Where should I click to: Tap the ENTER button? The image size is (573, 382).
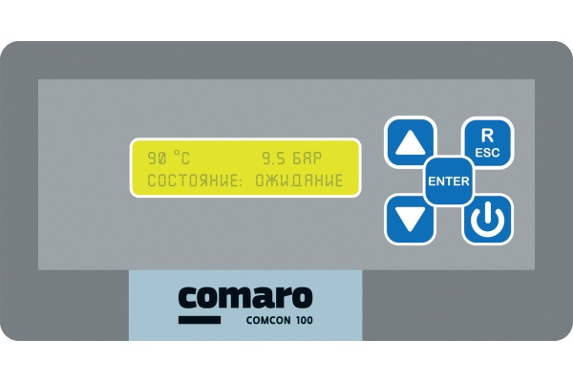pyautogui.click(x=449, y=180)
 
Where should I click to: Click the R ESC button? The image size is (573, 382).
pyautogui.click(x=487, y=142)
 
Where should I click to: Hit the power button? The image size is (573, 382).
pyautogui.click(x=487, y=220)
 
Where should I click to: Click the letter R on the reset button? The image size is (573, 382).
pyautogui.click(x=487, y=136)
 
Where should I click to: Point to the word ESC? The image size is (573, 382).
pyautogui.click(x=487, y=153)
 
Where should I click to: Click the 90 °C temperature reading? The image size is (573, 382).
pyautogui.click(x=168, y=158)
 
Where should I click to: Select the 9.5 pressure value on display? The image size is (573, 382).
pyautogui.click(x=274, y=158)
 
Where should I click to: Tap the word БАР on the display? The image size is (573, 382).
pyautogui.click(x=307, y=158)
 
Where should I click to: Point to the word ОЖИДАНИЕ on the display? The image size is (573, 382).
pyautogui.click(x=299, y=180)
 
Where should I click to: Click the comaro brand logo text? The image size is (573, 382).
pyautogui.click(x=245, y=298)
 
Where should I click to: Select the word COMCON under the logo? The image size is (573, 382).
pyautogui.click(x=268, y=320)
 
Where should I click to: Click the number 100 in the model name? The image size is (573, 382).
pyautogui.click(x=305, y=320)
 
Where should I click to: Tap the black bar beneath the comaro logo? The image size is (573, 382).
pyautogui.click(x=200, y=320)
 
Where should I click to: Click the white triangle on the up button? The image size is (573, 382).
pyautogui.click(x=410, y=142)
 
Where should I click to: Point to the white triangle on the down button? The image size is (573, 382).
pyautogui.click(x=410, y=220)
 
